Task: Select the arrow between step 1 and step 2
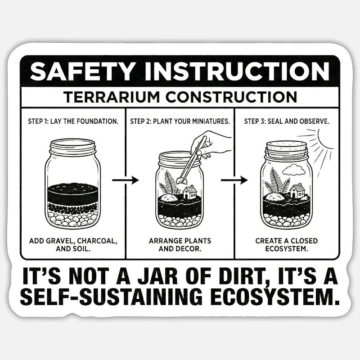point(125,180)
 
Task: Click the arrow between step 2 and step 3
point(234,180)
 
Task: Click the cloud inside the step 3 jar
point(293,170)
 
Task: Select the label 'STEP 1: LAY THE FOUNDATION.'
point(72,121)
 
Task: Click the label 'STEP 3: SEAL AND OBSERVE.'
point(286,121)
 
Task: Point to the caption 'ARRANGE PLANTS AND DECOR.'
point(180,245)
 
